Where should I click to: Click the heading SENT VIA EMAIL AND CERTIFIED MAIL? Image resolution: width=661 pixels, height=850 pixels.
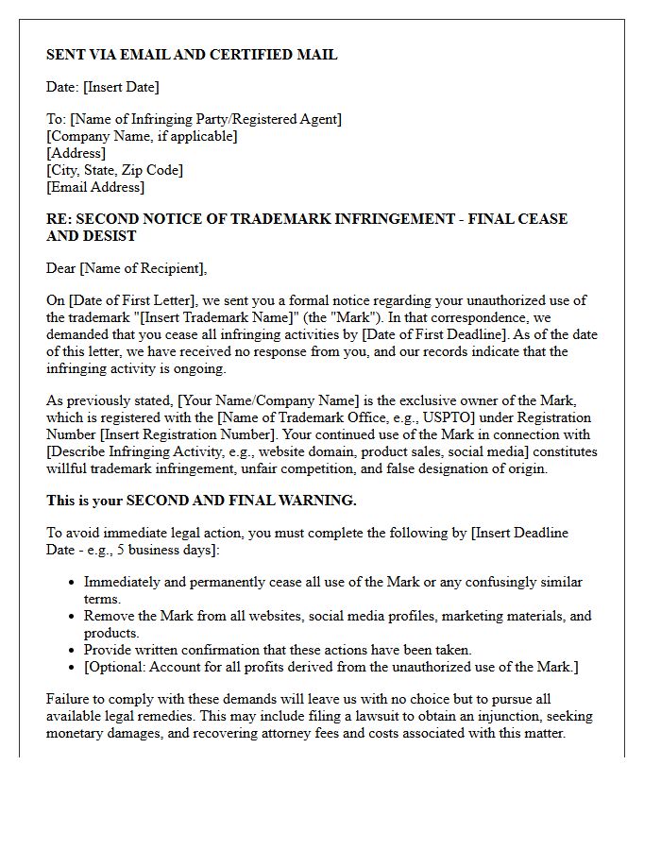(192, 55)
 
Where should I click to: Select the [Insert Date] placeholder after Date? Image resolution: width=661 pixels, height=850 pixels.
(121, 87)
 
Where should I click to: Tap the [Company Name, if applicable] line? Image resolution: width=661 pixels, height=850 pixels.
(142, 136)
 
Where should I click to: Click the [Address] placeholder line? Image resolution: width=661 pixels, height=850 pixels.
(76, 153)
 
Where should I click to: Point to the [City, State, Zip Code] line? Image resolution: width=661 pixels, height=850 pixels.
(114, 170)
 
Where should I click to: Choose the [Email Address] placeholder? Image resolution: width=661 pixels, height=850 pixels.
(95, 187)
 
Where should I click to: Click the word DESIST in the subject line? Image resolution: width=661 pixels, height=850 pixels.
(110, 236)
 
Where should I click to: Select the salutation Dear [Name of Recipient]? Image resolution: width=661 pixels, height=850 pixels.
(127, 268)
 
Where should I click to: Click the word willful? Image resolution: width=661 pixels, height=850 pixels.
(70, 468)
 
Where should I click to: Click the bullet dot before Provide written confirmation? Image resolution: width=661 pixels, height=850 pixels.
(72, 651)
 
